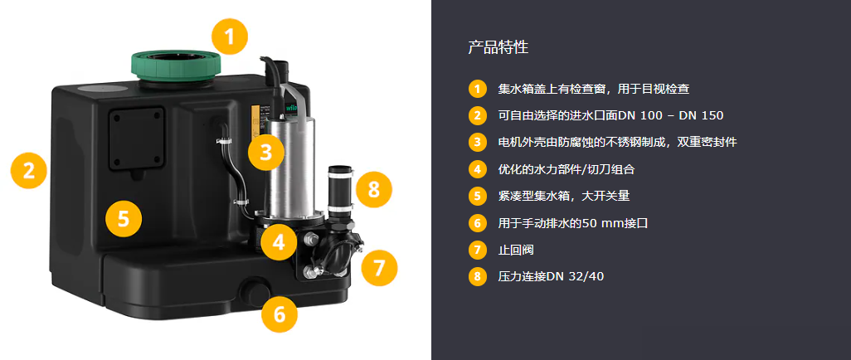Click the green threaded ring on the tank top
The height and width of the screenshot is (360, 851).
pyautogui.click(x=175, y=68)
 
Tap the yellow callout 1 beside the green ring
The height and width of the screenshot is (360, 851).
pyautogui.click(x=229, y=36)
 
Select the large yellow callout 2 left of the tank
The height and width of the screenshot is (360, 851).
pyautogui.click(x=29, y=171)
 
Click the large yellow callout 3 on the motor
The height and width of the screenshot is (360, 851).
pyautogui.click(x=266, y=153)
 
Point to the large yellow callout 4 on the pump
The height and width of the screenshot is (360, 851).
pyautogui.click(x=279, y=241)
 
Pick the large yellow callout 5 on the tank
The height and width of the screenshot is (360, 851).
pyautogui.click(x=124, y=219)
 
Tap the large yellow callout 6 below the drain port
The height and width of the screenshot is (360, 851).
pyautogui.click(x=280, y=314)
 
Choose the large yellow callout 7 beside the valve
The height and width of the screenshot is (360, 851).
pyautogui.click(x=379, y=267)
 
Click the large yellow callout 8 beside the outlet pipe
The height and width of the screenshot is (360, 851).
pyautogui.click(x=374, y=189)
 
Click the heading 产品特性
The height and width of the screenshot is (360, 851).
pyautogui.click(x=498, y=47)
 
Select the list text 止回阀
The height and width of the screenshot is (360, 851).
pyautogui.click(x=516, y=251)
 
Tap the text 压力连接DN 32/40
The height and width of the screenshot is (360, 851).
pyautogui.click(x=551, y=277)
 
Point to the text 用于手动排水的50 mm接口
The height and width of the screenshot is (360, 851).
pyautogui.click(x=573, y=223)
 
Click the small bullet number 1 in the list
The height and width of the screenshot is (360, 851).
pyautogui.click(x=477, y=89)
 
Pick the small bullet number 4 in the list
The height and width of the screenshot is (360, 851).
pyautogui.click(x=477, y=169)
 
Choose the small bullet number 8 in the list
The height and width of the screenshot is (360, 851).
pyautogui.click(x=477, y=277)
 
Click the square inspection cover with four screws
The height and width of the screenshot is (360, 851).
pyautogui.click(x=136, y=139)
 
